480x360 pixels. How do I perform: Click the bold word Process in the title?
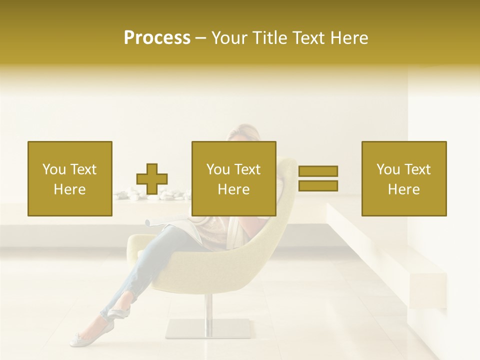(157, 38)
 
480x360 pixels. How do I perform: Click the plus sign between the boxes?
(152, 179)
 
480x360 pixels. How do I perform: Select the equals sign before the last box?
(318, 178)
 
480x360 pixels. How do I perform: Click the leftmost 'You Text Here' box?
(70, 178)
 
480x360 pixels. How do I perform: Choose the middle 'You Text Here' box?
(233, 178)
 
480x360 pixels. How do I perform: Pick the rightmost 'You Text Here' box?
(404, 178)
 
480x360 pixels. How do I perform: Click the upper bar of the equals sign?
(318, 171)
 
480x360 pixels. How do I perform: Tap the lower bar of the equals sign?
(318, 185)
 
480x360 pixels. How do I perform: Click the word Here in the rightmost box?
(403, 189)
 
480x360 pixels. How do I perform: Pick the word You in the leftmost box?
(54, 169)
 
